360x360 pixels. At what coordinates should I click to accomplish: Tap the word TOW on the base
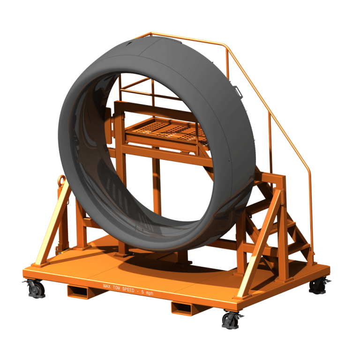click(117, 287)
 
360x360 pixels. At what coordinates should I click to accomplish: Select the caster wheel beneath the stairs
click(318, 285)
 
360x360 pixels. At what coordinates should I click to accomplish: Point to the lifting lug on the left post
click(61, 181)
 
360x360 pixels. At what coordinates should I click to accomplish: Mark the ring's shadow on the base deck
click(155, 270)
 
